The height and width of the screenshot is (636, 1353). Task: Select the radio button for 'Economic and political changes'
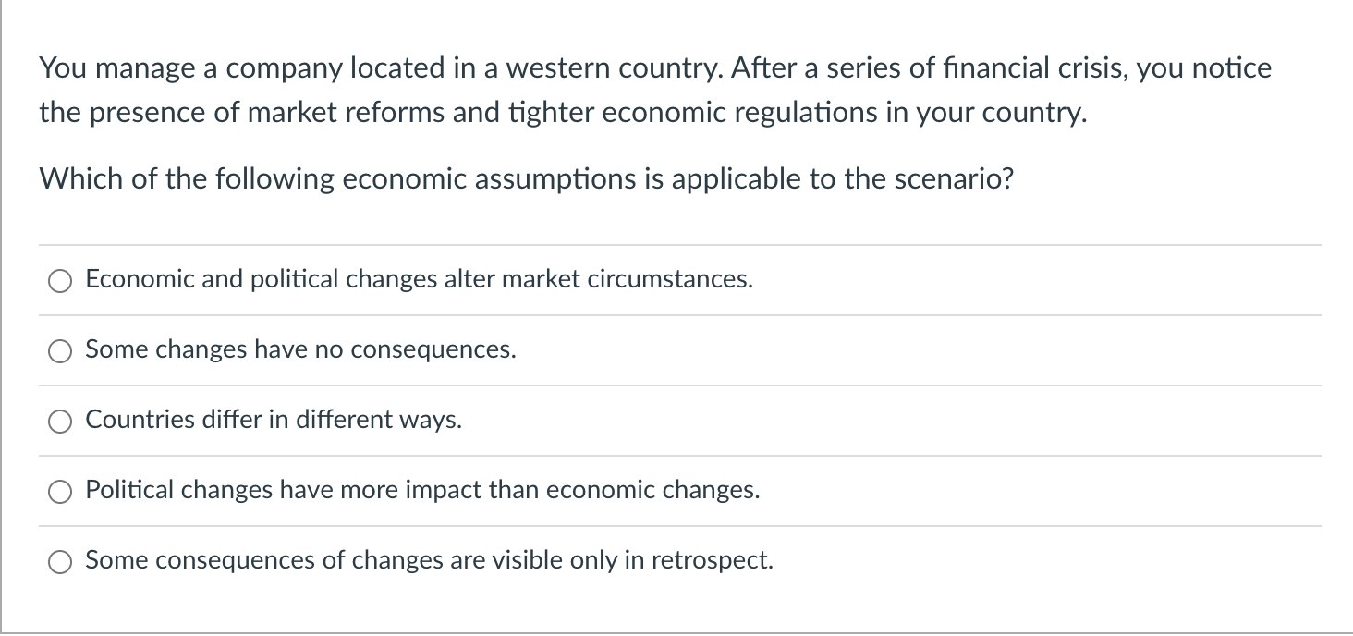tap(60, 280)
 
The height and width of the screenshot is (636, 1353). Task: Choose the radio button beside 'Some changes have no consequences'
tap(60, 350)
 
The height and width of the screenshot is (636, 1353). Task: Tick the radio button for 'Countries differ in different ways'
tap(60, 421)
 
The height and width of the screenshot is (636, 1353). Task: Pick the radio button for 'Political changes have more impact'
tap(60, 491)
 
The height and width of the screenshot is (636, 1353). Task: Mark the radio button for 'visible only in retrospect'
tap(60, 561)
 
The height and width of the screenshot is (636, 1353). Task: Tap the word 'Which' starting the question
tap(80, 178)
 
